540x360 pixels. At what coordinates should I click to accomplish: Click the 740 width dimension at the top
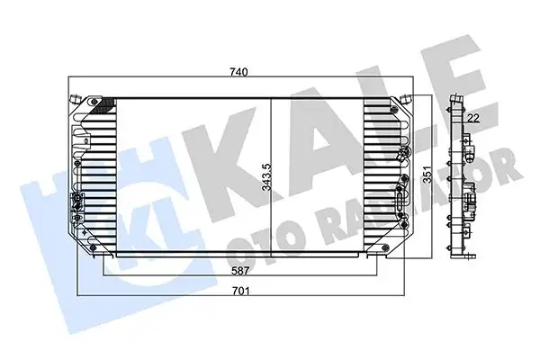[238, 71]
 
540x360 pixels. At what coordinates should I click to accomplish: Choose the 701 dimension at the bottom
[238, 291]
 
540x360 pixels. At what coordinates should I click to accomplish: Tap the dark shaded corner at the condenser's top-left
[106, 104]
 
